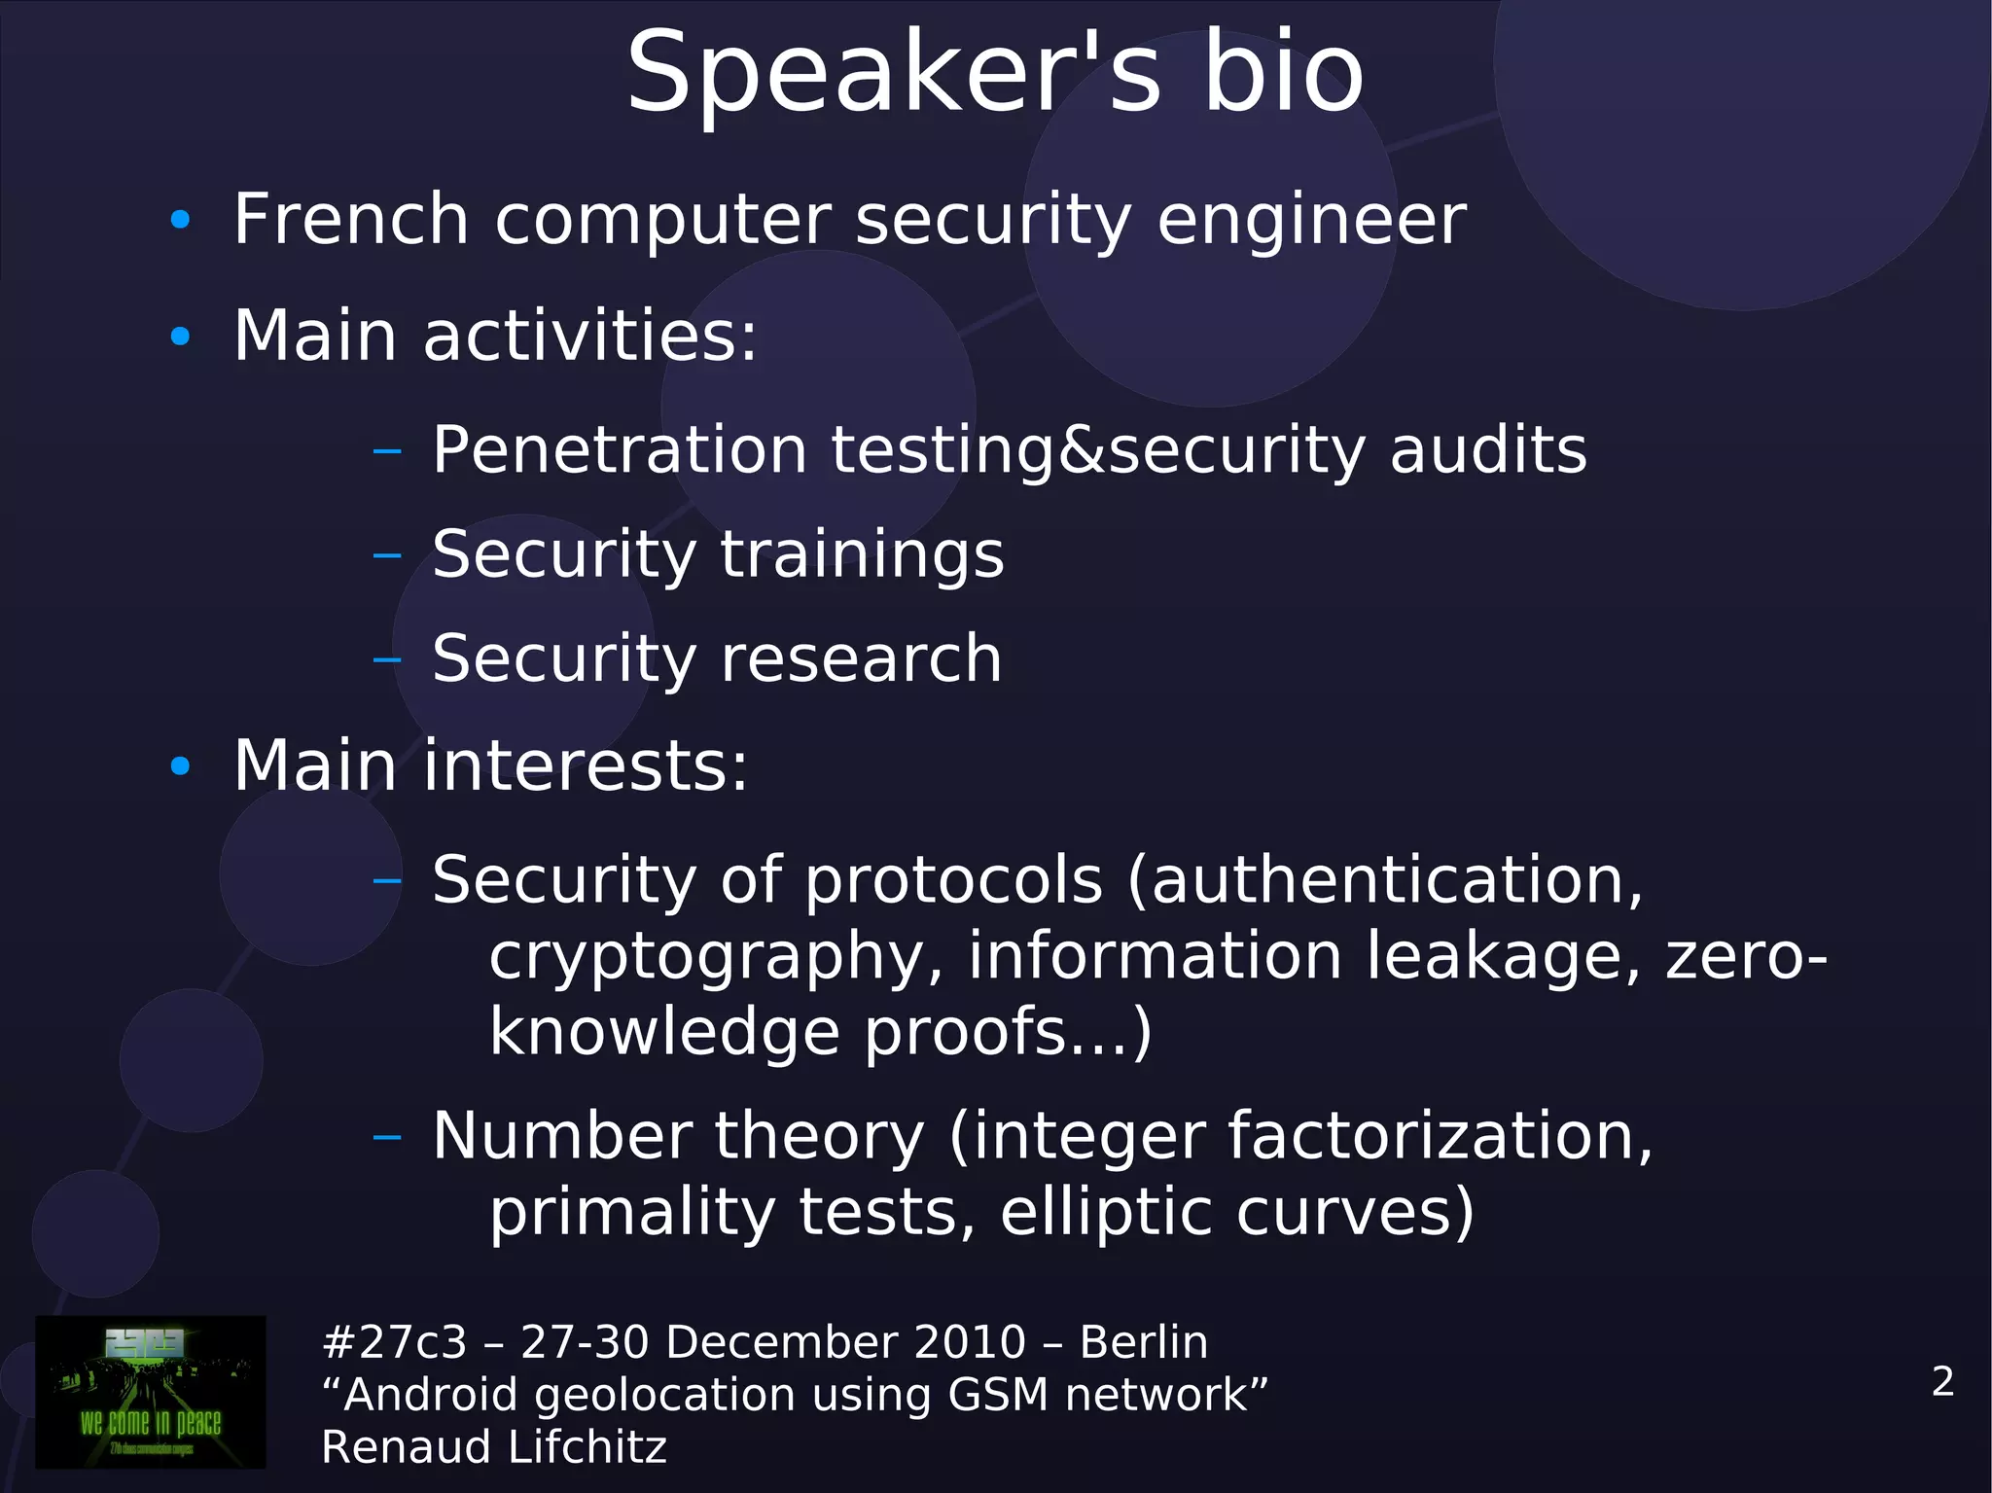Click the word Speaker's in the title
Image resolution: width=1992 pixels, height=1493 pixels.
click(893, 74)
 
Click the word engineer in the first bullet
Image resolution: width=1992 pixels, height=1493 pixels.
click(1311, 221)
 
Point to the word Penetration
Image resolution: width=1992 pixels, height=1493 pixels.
click(620, 450)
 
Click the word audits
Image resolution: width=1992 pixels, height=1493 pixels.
click(1488, 450)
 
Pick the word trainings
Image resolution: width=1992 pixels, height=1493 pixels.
click(862, 555)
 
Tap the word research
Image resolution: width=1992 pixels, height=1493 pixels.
click(861, 658)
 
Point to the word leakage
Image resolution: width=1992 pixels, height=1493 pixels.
click(1504, 958)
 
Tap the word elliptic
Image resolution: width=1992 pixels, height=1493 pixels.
click(1106, 1213)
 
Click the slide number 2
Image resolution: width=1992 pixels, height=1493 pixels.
click(1942, 1381)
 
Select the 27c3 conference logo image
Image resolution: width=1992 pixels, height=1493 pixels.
click(151, 1391)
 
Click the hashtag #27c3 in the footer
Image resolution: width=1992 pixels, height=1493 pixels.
click(394, 1342)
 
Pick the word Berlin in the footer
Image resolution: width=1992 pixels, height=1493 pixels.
click(1144, 1342)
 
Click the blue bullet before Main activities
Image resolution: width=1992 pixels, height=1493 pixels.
click(180, 337)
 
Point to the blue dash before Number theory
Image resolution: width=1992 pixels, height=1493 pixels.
click(387, 1136)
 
